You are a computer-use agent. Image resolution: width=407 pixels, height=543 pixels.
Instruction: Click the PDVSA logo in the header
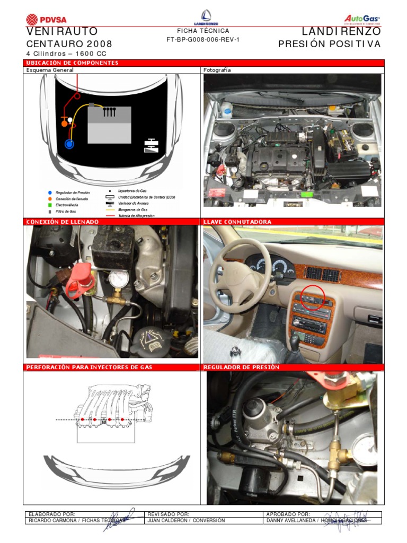coord(46,20)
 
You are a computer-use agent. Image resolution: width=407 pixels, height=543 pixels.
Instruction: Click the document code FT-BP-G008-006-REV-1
coord(203,40)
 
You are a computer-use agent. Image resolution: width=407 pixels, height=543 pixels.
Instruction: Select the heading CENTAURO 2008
coord(69,44)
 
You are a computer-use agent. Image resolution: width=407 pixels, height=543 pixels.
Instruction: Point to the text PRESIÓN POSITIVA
coord(329,44)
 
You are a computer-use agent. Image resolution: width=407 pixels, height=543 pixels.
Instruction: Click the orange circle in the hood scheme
coord(65,123)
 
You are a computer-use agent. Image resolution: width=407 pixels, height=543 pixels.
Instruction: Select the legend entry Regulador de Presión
coord(73,192)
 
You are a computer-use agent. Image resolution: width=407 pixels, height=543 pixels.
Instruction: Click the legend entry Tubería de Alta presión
coord(136,216)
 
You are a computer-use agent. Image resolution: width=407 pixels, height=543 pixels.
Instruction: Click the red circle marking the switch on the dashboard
coord(313,297)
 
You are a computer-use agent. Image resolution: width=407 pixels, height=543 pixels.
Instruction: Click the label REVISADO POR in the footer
coord(168,514)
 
